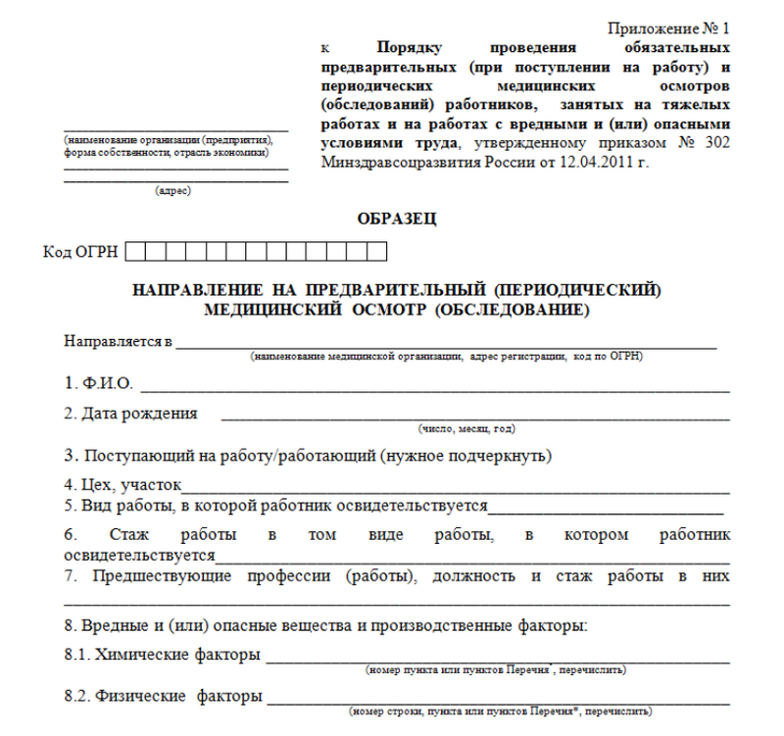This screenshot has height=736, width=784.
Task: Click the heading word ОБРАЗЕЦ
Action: tap(397, 219)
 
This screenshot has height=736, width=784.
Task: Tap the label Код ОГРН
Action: tap(80, 253)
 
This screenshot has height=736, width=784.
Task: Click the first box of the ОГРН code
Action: tap(135, 253)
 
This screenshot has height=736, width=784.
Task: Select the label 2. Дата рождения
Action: tap(130, 414)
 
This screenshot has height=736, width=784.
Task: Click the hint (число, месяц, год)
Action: tap(465, 428)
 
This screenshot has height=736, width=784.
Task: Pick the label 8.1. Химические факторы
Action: tap(163, 654)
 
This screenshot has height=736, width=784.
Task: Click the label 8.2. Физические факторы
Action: tap(163, 697)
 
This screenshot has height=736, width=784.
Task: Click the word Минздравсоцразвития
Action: tap(392, 162)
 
